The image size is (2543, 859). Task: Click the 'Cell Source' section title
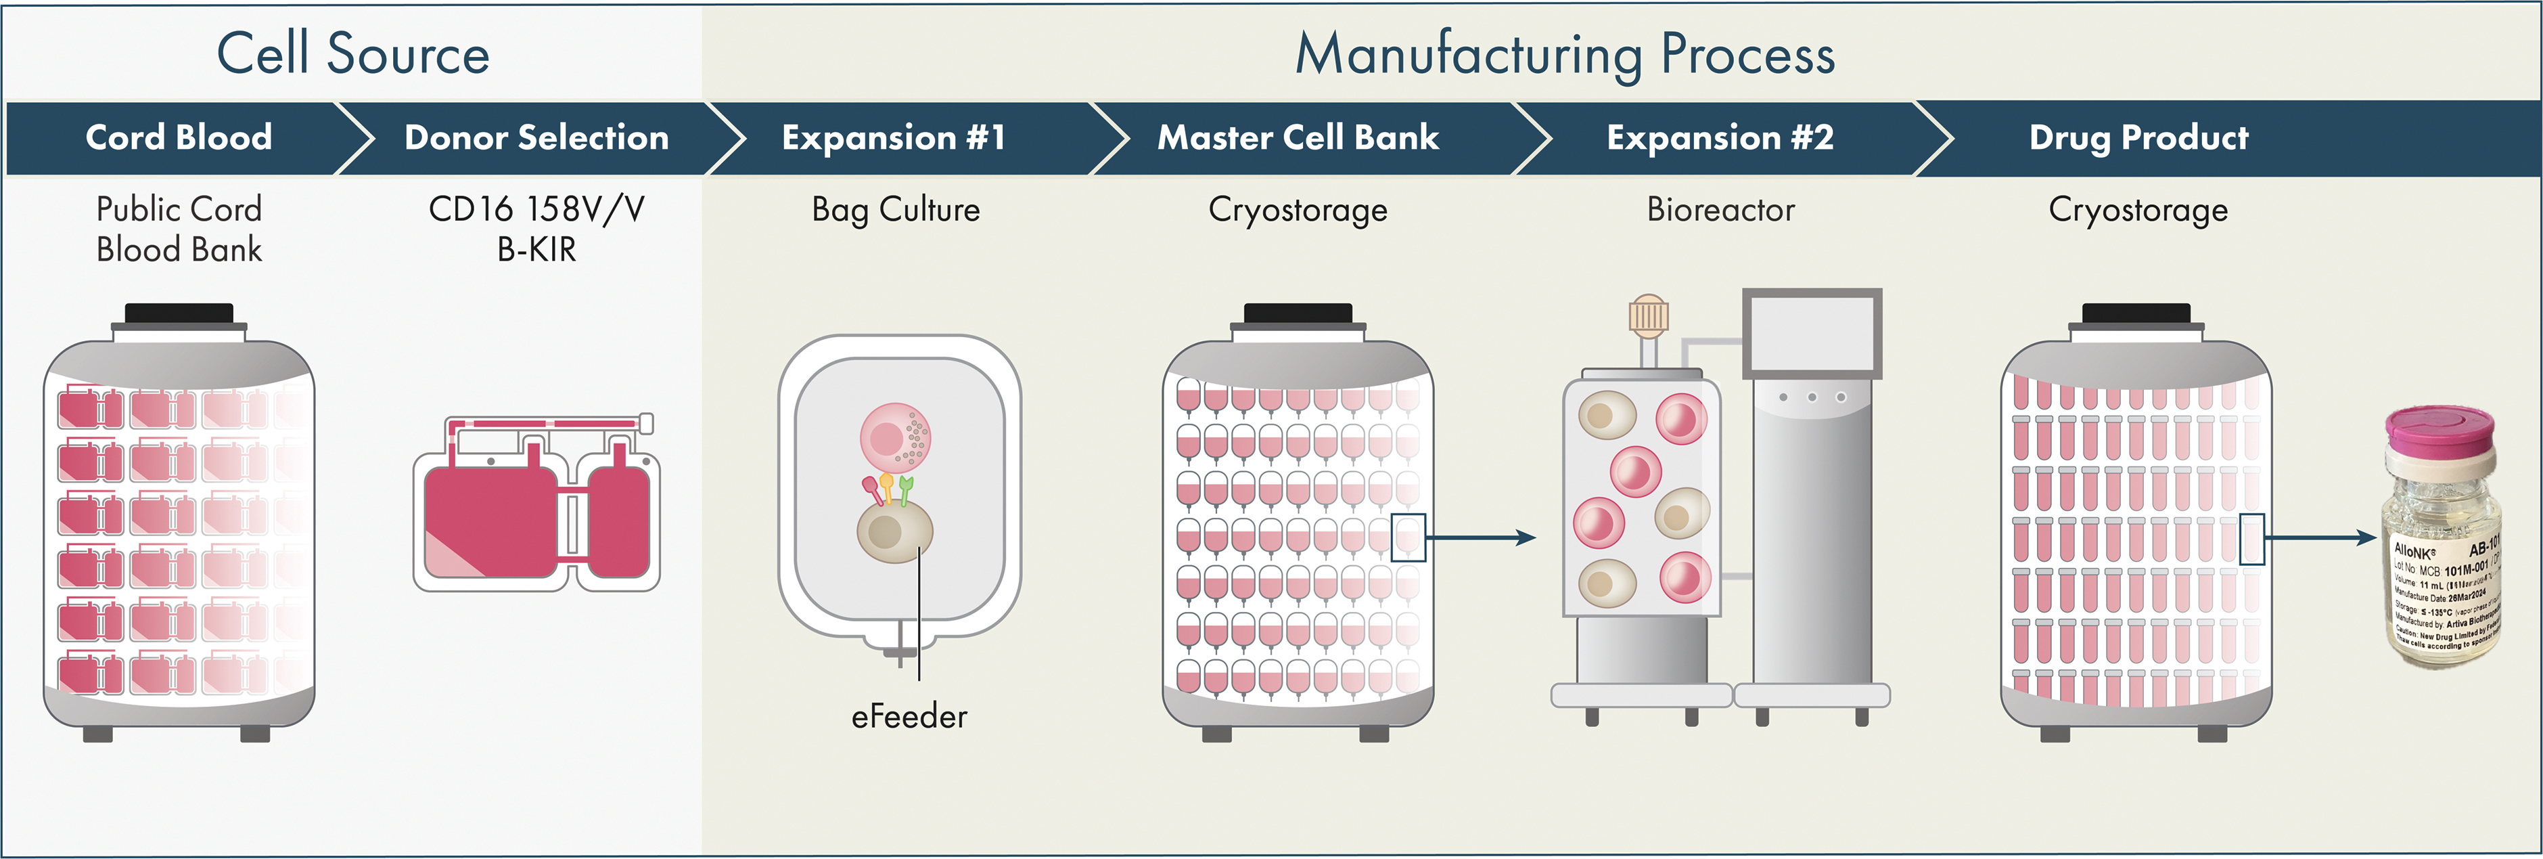pos(352,53)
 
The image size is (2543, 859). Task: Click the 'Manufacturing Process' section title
pos(1565,53)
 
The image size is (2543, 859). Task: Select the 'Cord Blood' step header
pos(179,137)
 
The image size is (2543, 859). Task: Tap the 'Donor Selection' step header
pos(536,137)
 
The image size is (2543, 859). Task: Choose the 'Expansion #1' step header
pos(894,137)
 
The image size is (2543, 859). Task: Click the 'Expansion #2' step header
pos(1720,137)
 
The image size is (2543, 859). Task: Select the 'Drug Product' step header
pos(2138,137)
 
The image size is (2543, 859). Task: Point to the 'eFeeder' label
pos(909,716)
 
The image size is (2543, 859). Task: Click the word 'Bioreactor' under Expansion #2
pos(1720,209)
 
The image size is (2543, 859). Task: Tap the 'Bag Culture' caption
pos(896,209)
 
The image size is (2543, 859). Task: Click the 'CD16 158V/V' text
pos(536,209)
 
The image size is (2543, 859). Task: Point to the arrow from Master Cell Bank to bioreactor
pos(1481,538)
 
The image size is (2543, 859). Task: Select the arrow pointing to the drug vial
pos(2320,538)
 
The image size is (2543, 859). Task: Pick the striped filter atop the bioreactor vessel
pos(1647,315)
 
